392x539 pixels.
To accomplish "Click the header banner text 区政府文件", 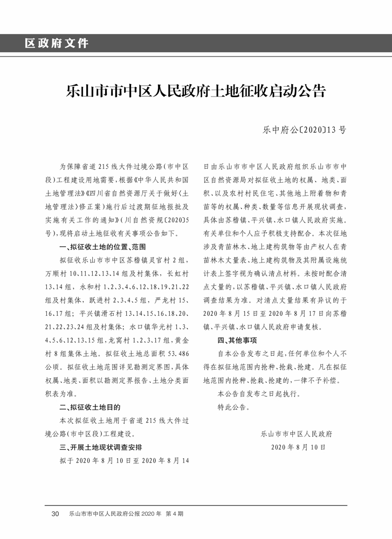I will tap(57, 43).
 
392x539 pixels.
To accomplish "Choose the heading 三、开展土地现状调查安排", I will tap(100, 447).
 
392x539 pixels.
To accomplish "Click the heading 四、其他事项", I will tap(237, 340).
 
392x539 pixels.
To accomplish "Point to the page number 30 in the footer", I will tap(55, 514).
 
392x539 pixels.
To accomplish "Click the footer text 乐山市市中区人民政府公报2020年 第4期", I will tap(127, 514).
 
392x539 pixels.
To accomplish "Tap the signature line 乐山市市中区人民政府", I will tap(296, 433).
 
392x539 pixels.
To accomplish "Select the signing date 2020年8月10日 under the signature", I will tap(299, 447).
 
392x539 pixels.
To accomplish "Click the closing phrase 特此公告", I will tap(233, 407).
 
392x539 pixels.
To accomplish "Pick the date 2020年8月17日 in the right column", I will tap(302, 313).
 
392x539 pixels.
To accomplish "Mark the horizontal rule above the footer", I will tap(196, 505).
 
